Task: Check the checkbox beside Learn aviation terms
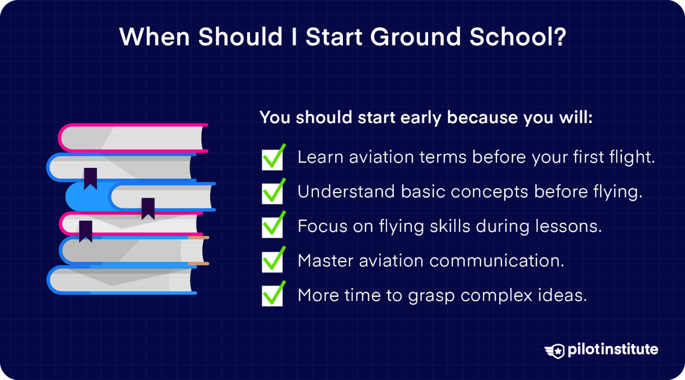[x=272, y=159]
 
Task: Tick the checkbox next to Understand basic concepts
[x=272, y=193]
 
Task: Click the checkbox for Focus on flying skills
[x=272, y=227]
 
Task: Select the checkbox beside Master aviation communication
[x=272, y=262]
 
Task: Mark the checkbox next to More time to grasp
[x=272, y=296]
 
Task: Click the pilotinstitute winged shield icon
[x=555, y=351]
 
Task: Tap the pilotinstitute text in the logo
[x=613, y=349]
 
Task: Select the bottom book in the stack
[x=120, y=280]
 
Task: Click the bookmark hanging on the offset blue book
[x=148, y=208]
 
